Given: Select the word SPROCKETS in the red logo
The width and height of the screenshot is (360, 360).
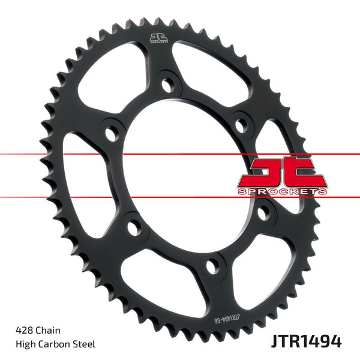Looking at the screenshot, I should point(283,190).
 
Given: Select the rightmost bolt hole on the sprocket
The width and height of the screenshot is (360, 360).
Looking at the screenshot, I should point(262,212).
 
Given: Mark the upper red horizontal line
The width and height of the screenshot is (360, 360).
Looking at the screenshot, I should point(60,154).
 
